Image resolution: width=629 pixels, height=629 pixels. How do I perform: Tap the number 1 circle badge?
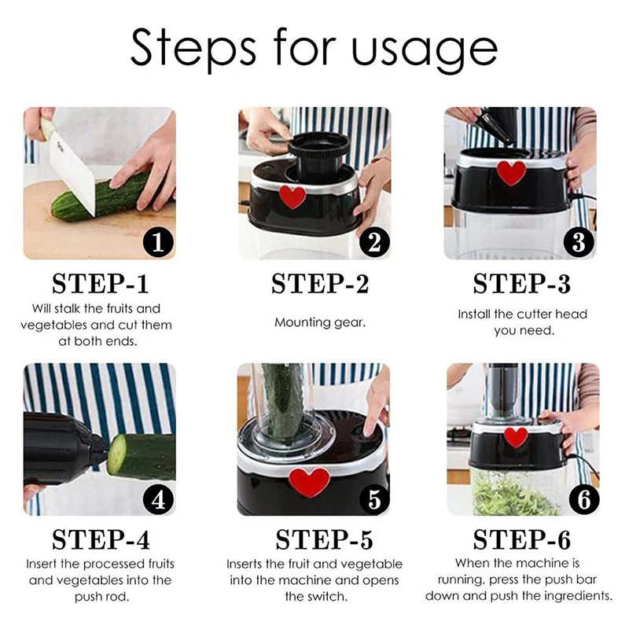coord(159,242)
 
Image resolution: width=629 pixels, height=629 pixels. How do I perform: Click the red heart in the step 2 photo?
coord(292,197)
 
